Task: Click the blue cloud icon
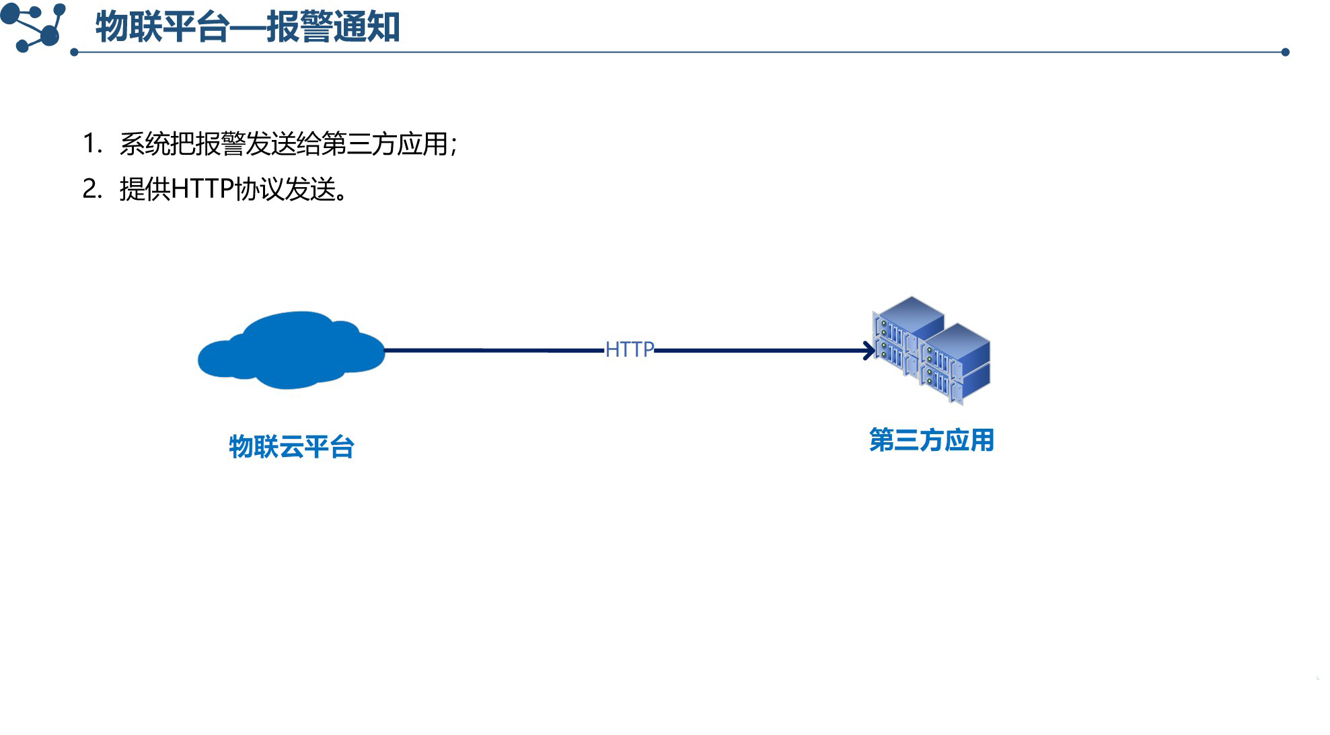291,351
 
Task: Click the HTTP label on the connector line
629,349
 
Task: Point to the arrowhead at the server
870,351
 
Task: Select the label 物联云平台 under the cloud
291,447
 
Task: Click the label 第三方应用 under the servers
931,440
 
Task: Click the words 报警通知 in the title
333,28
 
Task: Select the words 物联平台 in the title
162,28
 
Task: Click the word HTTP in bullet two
202,189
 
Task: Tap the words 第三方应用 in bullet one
385,144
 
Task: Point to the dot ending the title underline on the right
1285,52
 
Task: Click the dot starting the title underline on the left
74,52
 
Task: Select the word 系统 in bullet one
144,144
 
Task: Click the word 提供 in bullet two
145,189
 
